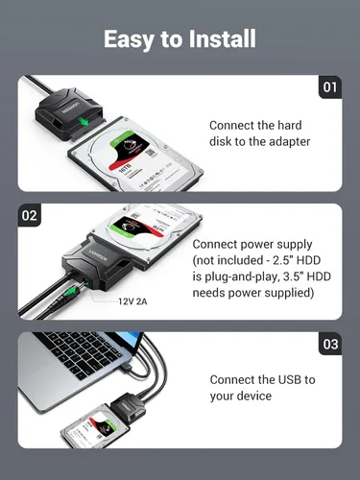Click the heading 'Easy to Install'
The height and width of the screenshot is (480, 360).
pos(180,39)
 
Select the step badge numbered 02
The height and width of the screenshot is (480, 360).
pos(29,215)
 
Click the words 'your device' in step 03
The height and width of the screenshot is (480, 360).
pos(242,396)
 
